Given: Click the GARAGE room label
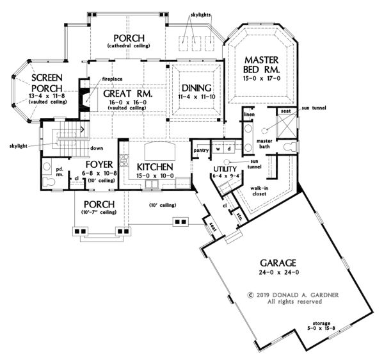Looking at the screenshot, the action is click(x=278, y=263).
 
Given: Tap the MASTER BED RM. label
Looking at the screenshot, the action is click(x=261, y=65).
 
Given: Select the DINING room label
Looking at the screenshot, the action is click(x=196, y=88).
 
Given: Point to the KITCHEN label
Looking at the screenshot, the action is click(x=155, y=167).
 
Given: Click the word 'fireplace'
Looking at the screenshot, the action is click(x=112, y=79).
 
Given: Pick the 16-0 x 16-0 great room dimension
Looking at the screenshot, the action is click(x=128, y=102).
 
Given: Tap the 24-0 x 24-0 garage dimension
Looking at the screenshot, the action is click(x=279, y=272).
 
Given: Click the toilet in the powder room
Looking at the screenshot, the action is click(x=48, y=182).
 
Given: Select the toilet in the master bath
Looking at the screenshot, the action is click(x=290, y=147).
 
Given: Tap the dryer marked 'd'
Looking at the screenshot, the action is click(x=229, y=149).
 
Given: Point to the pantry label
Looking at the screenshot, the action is click(x=201, y=151).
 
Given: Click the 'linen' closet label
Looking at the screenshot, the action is click(x=250, y=115).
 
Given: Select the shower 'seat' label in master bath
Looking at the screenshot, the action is click(x=286, y=111).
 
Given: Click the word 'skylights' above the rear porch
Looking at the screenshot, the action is click(x=200, y=15).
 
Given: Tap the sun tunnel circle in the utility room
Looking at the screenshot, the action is click(x=227, y=161).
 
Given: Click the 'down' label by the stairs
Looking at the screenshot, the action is click(x=97, y=148).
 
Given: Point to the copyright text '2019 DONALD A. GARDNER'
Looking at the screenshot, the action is click(x=298, y=295).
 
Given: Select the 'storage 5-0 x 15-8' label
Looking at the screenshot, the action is click(x=321, y=325).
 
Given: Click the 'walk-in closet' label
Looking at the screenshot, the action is click(x=259, y=191).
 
